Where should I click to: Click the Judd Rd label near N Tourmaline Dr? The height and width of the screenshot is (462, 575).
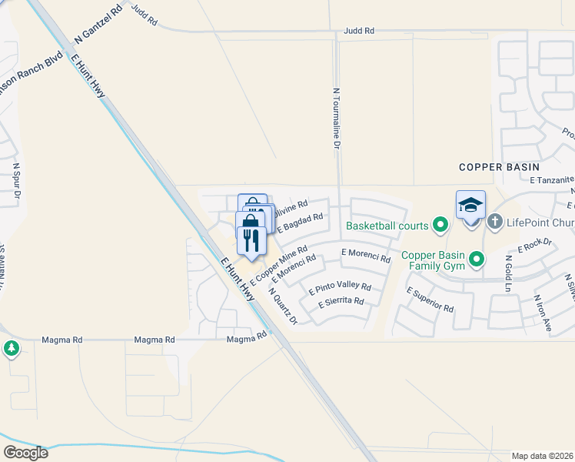(358, 32)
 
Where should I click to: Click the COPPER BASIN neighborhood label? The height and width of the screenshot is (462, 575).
(499, 166)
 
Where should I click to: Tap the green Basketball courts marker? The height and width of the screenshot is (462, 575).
(440, 226)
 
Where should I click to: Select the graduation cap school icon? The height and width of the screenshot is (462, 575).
(470, 205)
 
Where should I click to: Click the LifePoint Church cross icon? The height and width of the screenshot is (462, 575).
(495, 223)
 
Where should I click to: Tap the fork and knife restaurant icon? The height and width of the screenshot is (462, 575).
(251, 241)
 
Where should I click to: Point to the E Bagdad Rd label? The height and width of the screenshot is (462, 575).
(301, 222)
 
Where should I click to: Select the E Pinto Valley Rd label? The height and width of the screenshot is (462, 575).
(340, 290)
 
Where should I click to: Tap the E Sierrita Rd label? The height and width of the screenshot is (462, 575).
(341, 302)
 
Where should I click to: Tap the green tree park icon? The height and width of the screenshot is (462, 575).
(11, 349)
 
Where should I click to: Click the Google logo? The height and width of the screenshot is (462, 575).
(25, 453)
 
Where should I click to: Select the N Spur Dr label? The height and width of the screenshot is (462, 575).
(16, 184)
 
